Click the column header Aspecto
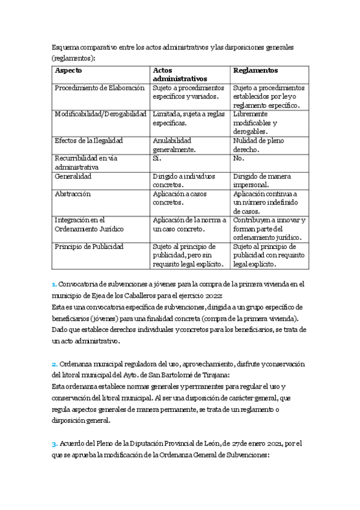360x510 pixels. pyautogui.click(x=69, y=70)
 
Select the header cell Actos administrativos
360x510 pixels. pyautogui.click(x=180, y=75)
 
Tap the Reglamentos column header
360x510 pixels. pyautogui.click(x=255, y=70)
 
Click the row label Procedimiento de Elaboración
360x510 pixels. pyautogui.click(x=100, y=88)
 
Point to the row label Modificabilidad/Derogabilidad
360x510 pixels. pyautogui.click(x=100, y=114)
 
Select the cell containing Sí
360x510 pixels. pyautogui.click(x=158, y=158)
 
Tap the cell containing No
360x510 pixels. pyautogui.click(x=238, y=158)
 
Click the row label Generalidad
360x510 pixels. pyautogui.click(x=73, y=177)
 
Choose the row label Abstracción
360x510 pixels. pyautogui.click(x=72, y=194)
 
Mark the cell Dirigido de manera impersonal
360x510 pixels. pyautogui.click(x=261, y=180)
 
